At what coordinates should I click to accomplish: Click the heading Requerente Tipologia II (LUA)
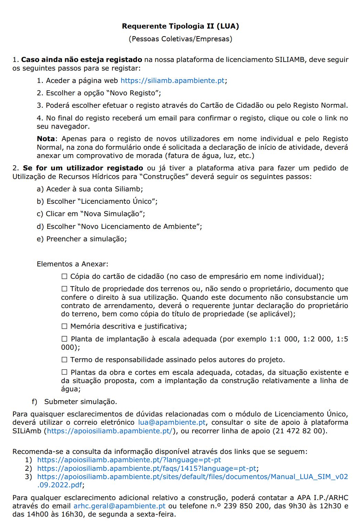pyautogui.click(x=180, y=26)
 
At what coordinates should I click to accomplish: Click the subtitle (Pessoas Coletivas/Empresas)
pyautogui.click(x=180, y=39)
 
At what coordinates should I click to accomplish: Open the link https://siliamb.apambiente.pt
pyautogui.click(x=172, y=81)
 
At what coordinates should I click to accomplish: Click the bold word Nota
pyautogui.click(x=45, y=139)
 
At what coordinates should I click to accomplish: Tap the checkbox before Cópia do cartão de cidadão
pyautogui.click(x=64, y=276)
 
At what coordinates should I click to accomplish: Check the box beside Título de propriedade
pyautogui.click(x=64, y=289)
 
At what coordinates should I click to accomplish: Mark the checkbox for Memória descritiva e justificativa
pyautogui.click(x=64, y=326)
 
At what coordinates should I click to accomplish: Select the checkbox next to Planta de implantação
pyautogui.click(x=64, y=339)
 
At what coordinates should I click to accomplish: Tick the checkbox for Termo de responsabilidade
pyautogui.click(x=64, y=360)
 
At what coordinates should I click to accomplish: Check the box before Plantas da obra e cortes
pyautogui.click(x=64, y=372)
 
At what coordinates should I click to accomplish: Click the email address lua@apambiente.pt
pyautogui.click(x=172, y=422)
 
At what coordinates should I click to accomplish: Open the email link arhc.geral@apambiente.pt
pyautogui.click(x=119, y=506)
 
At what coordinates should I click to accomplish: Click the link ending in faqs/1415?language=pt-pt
pyautogui.click(x=147, y=468)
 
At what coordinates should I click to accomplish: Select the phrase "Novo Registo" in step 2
pyautogui.click(x=135, y=93)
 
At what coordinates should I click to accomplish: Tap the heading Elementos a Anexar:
pyautogui.click(x=72, y=264)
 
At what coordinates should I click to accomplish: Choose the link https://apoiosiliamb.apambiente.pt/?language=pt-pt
pyautogui.click(x=129, y=460)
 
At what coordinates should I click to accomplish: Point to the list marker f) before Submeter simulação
pyautogui.click(x=34, y=402)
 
